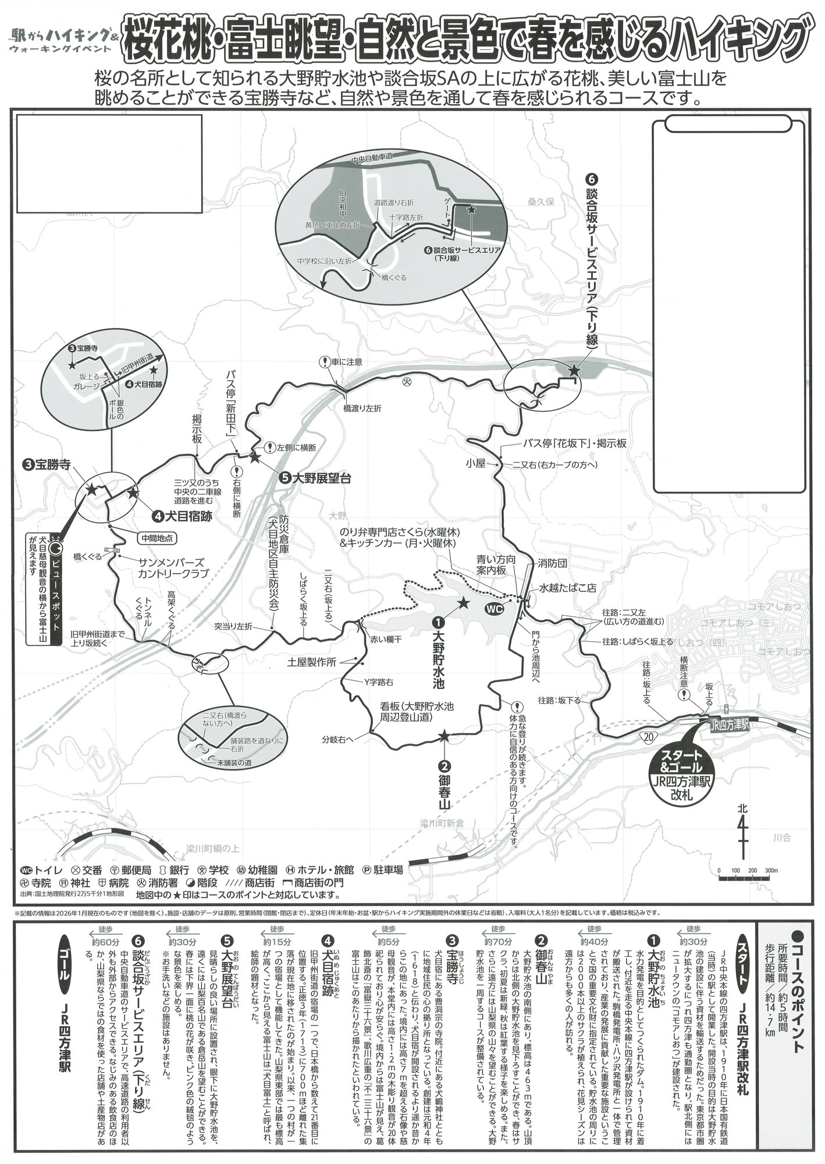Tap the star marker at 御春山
click(444, 737)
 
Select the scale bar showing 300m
click(745, 871)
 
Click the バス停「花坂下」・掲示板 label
click(574, 443)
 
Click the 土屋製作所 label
click(312, 662)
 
